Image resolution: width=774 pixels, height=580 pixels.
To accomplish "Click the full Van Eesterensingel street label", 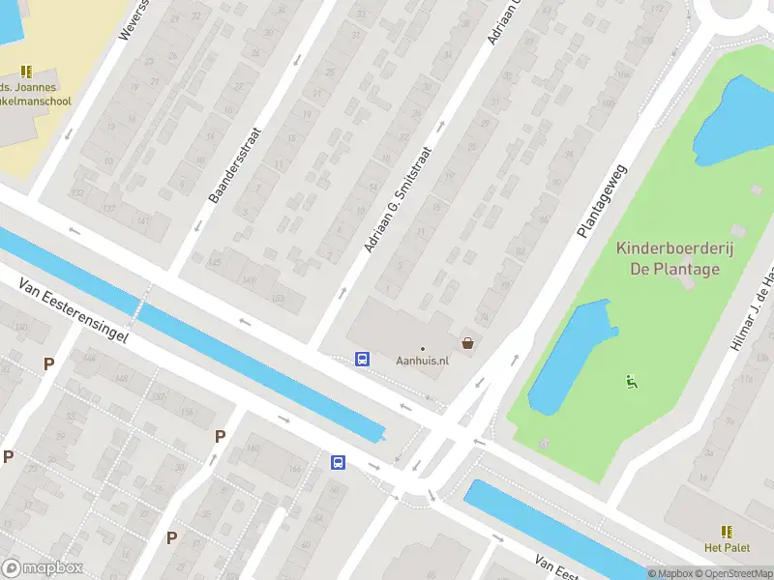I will tap(74, 311).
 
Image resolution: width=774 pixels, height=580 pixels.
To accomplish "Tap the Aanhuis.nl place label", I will tap(423, 361).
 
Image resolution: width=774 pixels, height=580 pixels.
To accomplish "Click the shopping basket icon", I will tap(468, 343).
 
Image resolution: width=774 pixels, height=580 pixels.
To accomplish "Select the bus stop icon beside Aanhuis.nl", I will tap(363, 359).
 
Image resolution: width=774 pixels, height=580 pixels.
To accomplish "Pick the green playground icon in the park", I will tap(632, 381).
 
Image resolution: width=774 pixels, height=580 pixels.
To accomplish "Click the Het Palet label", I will tap(726, 548).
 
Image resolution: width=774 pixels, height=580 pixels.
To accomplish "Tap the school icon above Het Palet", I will tap(726, 532).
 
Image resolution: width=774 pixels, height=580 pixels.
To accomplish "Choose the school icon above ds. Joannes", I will tap(26, 71).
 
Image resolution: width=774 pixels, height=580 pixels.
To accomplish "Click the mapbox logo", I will tap(43, 567).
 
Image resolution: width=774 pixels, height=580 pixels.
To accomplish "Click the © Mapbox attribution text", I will tap(670, 573).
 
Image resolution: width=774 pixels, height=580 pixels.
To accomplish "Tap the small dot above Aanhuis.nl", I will tap(423, 348).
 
